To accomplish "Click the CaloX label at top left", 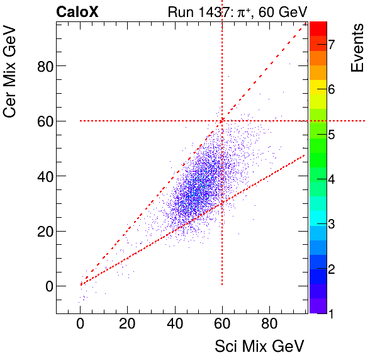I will [77, 11].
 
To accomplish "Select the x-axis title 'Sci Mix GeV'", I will [260, 346].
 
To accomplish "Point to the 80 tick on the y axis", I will [43, 65].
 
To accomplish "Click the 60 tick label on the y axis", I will [43, 121].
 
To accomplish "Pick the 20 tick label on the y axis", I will [43, 231].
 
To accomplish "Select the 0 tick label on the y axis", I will [47, 286].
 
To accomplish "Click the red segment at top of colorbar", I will [318, 28].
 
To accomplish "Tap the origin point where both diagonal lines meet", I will [81, 285].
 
